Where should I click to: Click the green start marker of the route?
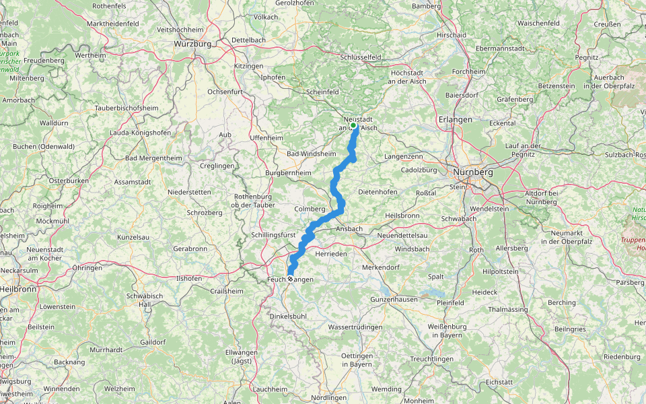click(x=353, y=125)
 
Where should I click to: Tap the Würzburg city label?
click(x=192, y=44)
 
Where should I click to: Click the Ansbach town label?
click(x=349, y=229)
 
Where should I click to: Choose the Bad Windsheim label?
click(x=311, y=154)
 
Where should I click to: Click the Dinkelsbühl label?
click(x=287, y=316)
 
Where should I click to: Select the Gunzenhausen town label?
click(x=394, y=298)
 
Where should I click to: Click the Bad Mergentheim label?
click(x=154, y=158)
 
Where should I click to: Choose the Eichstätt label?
click(x=499, y=382)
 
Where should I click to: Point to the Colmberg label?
click(x=310, y=209)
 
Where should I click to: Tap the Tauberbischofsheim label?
click(x=127, y=108)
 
